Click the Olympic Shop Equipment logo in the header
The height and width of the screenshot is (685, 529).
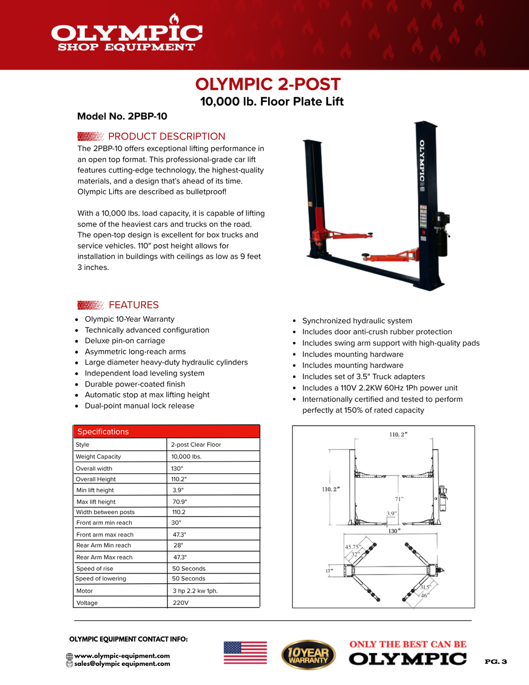pyautogui.click(x=127, y=36)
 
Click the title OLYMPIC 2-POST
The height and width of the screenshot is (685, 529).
pyautogui.click(x=268, y=84)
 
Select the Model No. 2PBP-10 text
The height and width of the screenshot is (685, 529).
pyautogui.click(x=122, y=116)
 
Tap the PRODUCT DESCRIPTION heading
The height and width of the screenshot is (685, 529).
pyautogui.click(x=166, y=136)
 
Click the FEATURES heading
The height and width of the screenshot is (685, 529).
pyautogui.click(x=133, y=305)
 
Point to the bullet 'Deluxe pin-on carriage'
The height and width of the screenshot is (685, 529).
pyautogui.click(x=125, y=341)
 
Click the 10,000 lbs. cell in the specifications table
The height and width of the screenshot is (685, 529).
pyautogui.click(x=186, y=457)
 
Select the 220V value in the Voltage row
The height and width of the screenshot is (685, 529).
pyautogui.click(x=180, y=603)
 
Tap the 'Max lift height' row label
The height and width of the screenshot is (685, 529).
pyautogui.click(x=96, y=502)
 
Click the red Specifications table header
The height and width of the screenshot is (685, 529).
pyautogui.click(x=166, y=431)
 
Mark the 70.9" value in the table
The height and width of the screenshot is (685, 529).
pyautogui.click(x=180, y=502)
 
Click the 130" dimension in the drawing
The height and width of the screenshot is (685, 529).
pyautogui.click(x=394, y=531)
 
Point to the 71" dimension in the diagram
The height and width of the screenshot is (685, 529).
pyautogui.click(x=399, y=499)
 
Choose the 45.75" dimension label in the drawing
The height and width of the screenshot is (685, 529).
pyautogui.click(x=353, y=547)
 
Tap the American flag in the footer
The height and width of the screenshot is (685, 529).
pyautogui.click(x=245, y=652)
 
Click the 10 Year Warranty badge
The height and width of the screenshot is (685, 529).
pyautogui.click(x=308, y=655)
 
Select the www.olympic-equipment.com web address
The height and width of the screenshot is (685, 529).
pyautogui.click(x=122, y=656)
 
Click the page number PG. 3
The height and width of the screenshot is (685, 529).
pyautogui.click(x=495, y=662)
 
